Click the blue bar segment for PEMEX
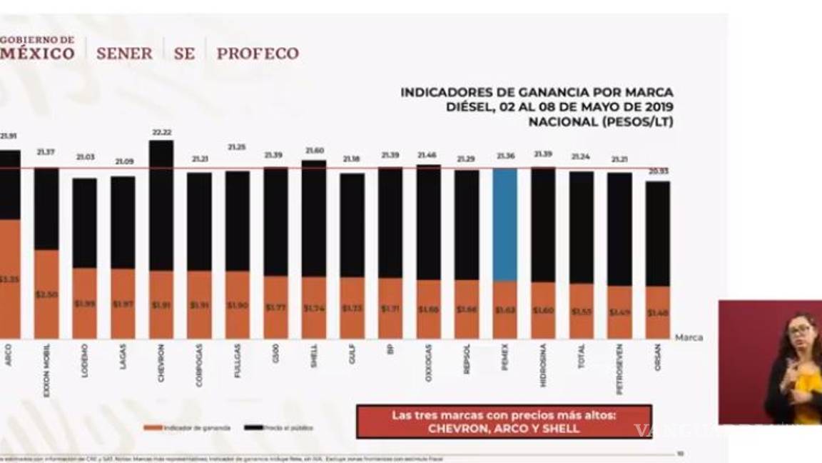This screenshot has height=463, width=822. pos(504,224)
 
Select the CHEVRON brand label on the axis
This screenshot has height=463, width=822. pos(161,364)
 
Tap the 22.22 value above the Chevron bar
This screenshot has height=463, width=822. pos(161,133)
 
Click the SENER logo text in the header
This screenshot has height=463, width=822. pos(124,54)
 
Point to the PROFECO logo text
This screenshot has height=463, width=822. pos(258,54)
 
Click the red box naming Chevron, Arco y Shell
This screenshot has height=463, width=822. pos(504,422)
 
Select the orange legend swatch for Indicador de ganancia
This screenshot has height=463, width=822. pos(153,427)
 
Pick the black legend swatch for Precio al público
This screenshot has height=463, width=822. pos(253,427)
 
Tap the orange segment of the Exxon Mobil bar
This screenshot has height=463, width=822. pos(46,294)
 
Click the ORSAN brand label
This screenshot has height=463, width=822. pos(657,357)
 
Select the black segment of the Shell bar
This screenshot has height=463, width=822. pos(314,218)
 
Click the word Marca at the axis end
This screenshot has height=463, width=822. pos(689,337)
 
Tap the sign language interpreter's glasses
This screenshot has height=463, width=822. pos(800,330)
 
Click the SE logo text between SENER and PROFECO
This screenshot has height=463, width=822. pos(184,54)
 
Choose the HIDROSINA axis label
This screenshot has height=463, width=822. pos(543,366)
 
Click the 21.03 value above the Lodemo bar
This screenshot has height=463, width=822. pos(85,156)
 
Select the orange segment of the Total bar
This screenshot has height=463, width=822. pos(581,311)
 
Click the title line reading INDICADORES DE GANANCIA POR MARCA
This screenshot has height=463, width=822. pos(537,92)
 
